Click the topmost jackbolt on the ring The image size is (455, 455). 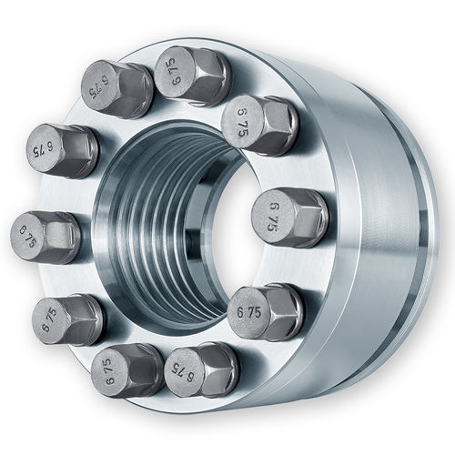tap(190, 76)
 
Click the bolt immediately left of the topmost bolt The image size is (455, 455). tap(117, 89)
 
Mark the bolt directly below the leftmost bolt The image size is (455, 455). tap(67, 318)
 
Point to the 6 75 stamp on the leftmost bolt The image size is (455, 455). tap(30, 235)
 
